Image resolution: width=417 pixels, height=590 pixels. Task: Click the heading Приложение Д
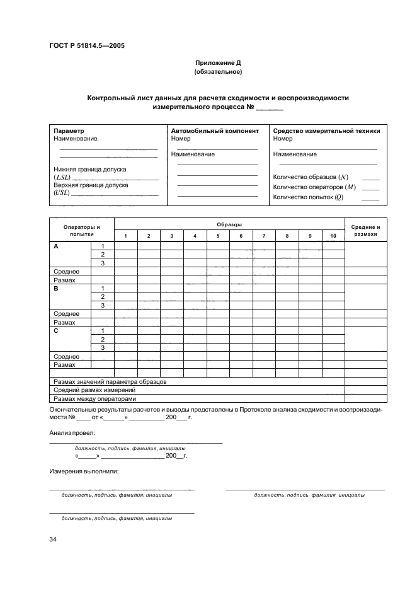(218, 64)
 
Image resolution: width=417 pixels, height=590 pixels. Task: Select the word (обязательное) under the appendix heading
(218, 72)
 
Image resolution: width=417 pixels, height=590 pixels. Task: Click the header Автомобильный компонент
(215, 131)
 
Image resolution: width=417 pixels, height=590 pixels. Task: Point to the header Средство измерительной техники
(326, 131)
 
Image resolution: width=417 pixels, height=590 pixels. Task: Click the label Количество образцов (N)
(311, 176)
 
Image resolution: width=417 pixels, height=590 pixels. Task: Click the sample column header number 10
(333, 236)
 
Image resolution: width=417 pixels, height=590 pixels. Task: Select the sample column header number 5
(218, 236)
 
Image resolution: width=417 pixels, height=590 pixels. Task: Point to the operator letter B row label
(56, 287)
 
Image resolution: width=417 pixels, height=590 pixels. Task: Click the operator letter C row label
(56, 330)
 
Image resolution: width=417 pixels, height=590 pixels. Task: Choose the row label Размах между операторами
(94, 398)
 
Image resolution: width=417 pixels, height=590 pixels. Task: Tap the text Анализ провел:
(72, 434)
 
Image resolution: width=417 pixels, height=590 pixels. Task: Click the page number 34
(53, 539)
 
